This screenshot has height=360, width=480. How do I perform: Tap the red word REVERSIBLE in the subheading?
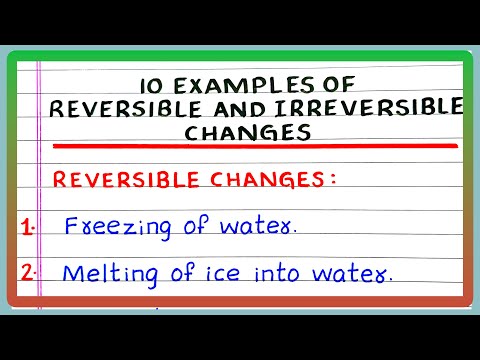(x=111, y=180)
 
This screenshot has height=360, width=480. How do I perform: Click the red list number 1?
(x=26, y=226)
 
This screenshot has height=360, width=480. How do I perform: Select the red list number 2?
(x=27, y=271)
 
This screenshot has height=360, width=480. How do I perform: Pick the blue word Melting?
(x=102, y=271)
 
